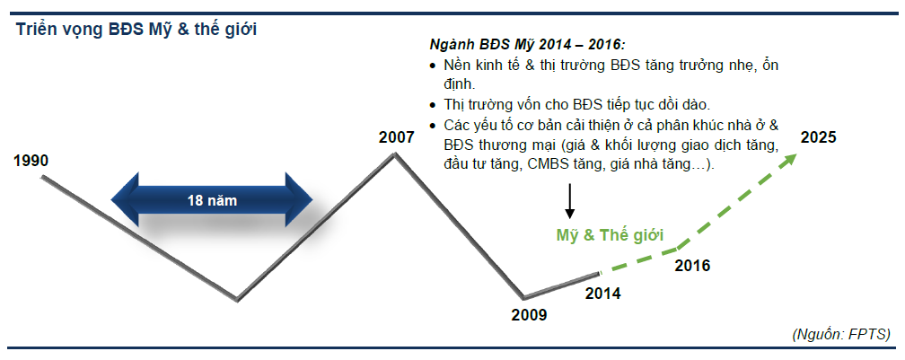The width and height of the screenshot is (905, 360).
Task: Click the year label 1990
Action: coord(31,161)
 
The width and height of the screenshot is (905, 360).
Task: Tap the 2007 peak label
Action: coord(397,138)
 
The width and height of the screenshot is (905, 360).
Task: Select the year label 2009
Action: coord(529,315)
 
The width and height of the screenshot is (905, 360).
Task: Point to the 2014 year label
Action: coord(603,294)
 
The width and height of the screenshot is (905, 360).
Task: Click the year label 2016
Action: coord(692,266)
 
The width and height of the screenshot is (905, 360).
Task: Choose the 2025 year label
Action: coord(818,138)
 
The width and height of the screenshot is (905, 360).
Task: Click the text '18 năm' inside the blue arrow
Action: coord(212,201)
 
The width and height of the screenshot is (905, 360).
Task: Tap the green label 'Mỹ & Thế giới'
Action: coord(610,235)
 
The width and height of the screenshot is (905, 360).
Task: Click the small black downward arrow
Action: coord(569,201)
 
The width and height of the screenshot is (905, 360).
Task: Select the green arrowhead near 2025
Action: coord(788,159)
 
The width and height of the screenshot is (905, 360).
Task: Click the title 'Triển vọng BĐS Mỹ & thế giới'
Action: coord(136,30)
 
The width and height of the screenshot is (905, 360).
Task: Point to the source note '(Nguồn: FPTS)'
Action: coord(841,334)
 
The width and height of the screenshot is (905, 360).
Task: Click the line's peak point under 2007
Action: coord(394,154)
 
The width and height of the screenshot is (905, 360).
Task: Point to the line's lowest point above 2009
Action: coord(523,298)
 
